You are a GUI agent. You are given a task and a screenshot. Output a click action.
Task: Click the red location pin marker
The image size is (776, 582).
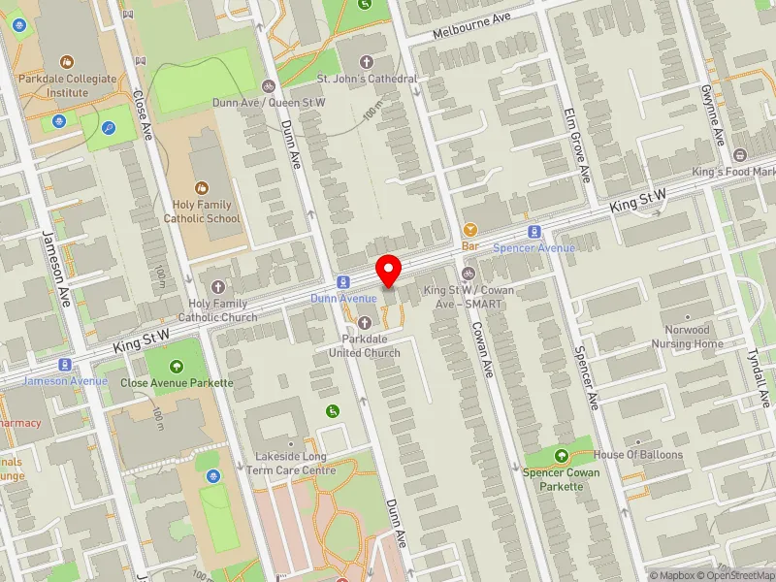click(389, 270)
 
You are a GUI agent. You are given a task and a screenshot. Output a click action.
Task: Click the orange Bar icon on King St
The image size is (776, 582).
click(470, 230)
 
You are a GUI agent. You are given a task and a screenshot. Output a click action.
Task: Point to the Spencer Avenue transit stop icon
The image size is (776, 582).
click(533, 232)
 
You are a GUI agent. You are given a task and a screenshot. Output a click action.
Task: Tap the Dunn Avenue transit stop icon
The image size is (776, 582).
click(343, 281)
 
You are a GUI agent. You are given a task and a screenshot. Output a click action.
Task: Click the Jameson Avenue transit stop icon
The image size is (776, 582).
click(65, 365)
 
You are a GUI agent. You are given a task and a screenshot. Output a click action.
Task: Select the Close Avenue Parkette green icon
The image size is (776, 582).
click(177, 366)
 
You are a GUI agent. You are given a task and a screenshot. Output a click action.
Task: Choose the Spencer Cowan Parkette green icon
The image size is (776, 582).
click(561, 456)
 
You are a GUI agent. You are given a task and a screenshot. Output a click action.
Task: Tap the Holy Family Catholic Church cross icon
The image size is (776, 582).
click(217, 287)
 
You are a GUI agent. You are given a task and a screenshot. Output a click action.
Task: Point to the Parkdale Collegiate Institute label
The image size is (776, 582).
click(67, 85)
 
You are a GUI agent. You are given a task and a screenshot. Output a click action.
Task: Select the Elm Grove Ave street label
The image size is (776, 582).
click(578, 145)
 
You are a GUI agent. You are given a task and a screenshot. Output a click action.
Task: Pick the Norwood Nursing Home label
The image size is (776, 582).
click(688, 337)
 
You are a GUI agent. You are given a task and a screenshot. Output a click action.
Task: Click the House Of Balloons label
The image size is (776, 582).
click(638, 454)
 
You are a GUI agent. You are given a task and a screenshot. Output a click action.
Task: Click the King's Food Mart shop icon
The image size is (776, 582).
click(740, 155)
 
